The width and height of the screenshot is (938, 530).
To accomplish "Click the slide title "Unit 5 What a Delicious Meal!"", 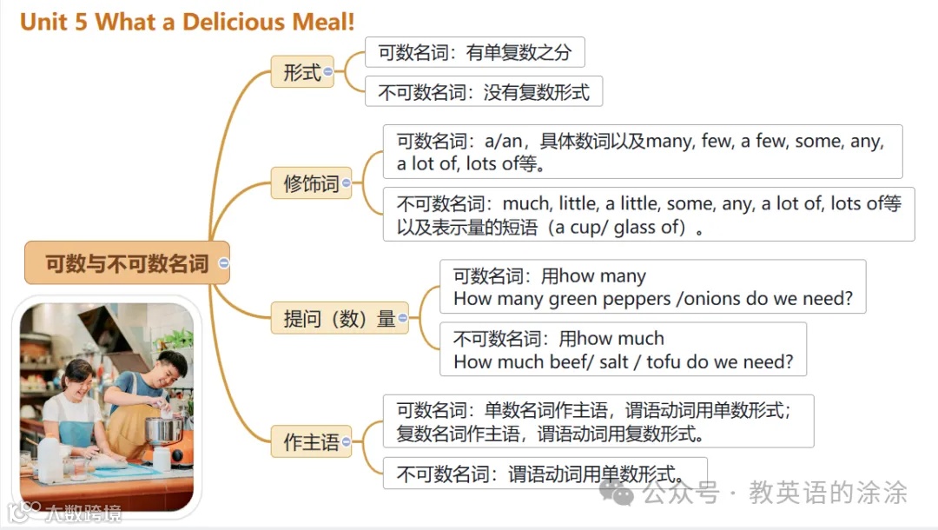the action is point(187,22).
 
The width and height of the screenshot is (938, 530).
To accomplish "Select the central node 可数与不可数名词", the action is point(127,263).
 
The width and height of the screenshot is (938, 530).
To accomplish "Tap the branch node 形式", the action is point(301,73).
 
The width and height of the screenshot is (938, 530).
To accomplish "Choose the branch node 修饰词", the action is point(311,183).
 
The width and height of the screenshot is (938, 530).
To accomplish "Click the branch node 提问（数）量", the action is point(339,319).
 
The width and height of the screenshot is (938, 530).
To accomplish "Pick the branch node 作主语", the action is point(311,441).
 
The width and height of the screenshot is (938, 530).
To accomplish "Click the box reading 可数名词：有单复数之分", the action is point(474,52).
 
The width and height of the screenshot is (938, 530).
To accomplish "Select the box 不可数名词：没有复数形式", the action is point(483,92).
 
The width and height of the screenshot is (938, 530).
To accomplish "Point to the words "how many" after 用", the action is point(603,276).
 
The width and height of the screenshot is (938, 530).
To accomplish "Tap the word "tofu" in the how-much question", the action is point(657,361).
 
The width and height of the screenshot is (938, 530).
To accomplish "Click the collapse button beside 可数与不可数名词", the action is point(224,263).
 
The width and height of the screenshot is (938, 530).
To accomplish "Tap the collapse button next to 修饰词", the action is point(347,183).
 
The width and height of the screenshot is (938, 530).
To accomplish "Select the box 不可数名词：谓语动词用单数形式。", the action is point(545,474).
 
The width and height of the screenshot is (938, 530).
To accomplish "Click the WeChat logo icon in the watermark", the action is point(623,494).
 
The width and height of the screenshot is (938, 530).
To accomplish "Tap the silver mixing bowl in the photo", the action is point(163,429).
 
